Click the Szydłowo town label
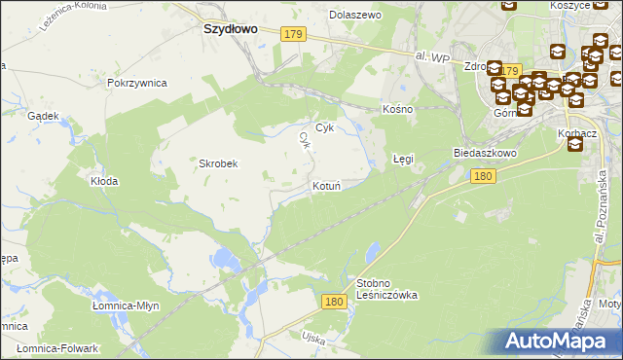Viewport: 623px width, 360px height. pyautogui.click(x=230, y=29)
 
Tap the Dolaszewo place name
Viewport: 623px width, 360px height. pyautogui.click(x=355, y=16)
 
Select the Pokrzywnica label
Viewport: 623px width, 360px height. pyautogui.click(x=137, y=84)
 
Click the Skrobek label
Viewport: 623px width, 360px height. pyautogui.click(x=219, y=163)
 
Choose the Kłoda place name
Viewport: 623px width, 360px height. pyautogui.click(x=104, y=181)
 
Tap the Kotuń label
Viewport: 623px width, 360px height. pyautogui.click(x=326, y=186)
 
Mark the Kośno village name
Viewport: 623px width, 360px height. pyautogui.click(x=397, y=109)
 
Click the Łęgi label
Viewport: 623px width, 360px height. pyautogui.click(x=403, y=157)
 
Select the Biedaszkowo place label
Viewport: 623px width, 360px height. pyautogui.click(x=484, y=154)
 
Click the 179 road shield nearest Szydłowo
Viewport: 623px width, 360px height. pyautogui.click(x=293, y=35)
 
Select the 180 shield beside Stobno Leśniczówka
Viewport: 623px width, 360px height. pyautogui.click(x=334, y=303)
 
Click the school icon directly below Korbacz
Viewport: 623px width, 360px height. pyautogui.click(x=574, y=145)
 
